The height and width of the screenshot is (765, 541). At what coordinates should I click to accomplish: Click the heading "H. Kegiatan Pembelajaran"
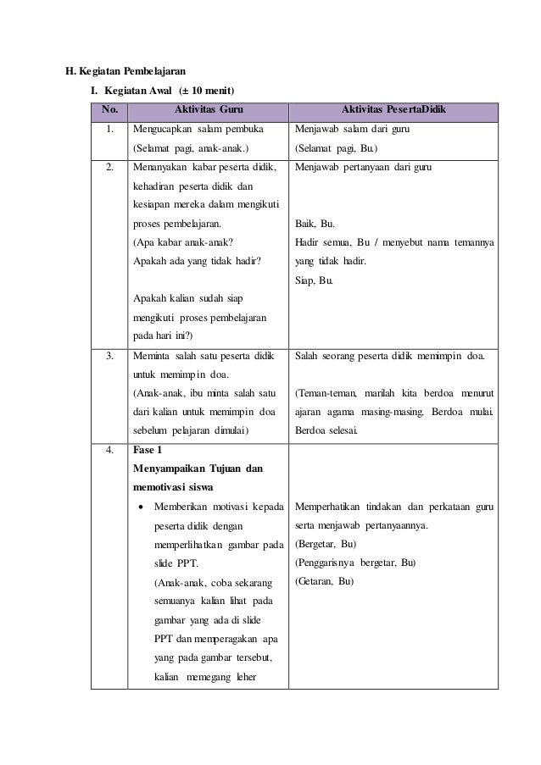(x=126, y=70)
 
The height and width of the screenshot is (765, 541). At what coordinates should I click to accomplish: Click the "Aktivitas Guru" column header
(x=207, y=109)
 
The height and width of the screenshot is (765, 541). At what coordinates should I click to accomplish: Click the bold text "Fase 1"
(x=148, y=450)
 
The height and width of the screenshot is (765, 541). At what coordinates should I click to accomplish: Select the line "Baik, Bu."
(x=315, y=225)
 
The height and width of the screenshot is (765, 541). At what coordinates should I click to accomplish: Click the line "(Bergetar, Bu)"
(x=326, y=544)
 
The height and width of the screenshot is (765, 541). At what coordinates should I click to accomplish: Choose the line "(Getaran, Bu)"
(x=323, y=581)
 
